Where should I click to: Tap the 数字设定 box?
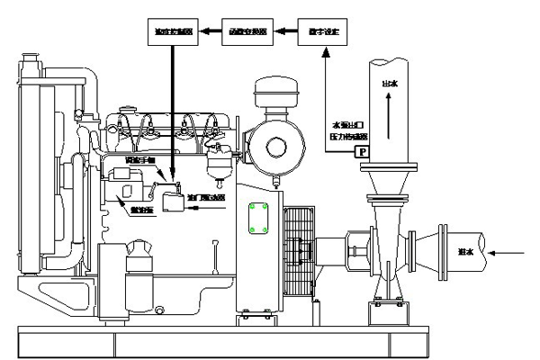(x=320, y=33)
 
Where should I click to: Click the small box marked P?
(x=362, y=153)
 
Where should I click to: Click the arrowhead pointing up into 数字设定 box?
(x=322, y=53)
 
